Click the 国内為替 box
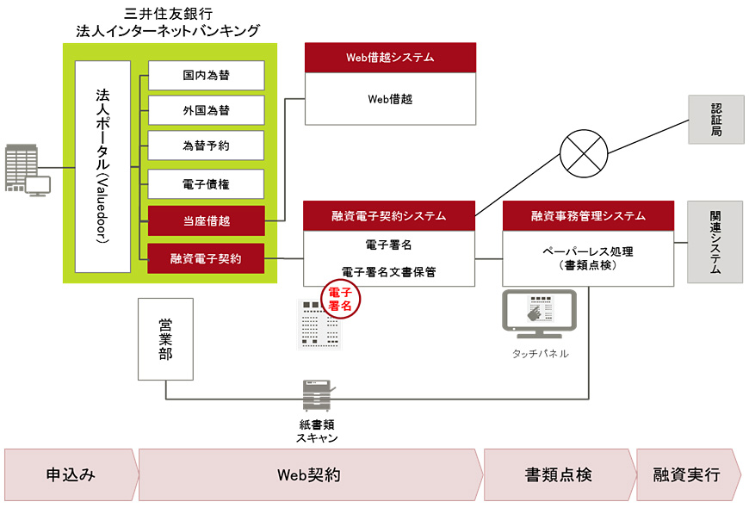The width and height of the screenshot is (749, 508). coord(206,75)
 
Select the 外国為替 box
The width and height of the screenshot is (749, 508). coord(206,110)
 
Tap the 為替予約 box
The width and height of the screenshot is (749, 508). coord(206,146)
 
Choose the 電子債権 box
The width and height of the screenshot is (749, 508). coord(206,184)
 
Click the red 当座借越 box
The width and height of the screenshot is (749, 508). coord(206,220)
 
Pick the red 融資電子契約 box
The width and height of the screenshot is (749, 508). coord(206,257)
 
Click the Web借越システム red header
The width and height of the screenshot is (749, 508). coord(390,58)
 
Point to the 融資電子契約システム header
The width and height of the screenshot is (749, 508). coord(389,215)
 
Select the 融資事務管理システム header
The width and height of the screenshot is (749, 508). coord(588,215)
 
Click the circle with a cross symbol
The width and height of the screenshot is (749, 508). coord(584,155)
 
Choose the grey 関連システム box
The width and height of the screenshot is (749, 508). coord(715,242)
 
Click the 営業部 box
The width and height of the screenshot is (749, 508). coord(165,339)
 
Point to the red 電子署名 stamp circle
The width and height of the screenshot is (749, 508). coord(342,298)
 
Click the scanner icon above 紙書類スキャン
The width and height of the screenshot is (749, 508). coord(316,397)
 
